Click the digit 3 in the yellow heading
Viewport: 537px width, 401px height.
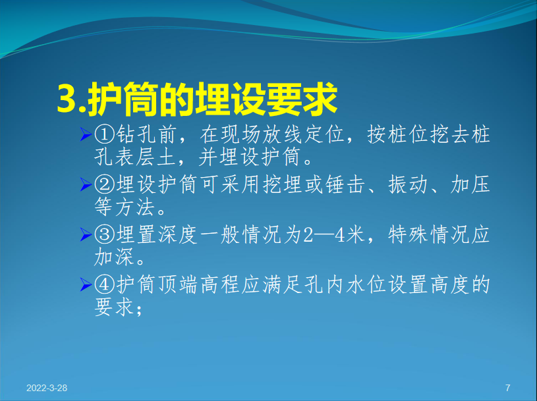coord(67,99)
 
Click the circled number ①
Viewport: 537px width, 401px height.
coord(104,134)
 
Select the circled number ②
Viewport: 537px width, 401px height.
coord(104,185)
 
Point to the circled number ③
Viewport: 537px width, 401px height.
coord(104,234)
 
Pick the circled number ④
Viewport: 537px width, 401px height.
coord(104,284)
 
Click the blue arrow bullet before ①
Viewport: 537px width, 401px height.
coord(86,134)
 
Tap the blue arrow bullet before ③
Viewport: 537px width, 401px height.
coord(86,234)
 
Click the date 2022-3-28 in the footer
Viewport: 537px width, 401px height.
coord(47,388)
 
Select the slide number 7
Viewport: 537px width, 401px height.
coord(508,388)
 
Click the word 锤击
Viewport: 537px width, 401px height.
coord(345,185)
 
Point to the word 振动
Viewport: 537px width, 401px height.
coord(408,185)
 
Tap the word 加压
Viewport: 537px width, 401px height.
coord(470,185)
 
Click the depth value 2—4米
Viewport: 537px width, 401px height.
coord(334,234)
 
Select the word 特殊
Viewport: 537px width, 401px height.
coord(408,234)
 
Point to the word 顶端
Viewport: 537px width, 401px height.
coord(178,284)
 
